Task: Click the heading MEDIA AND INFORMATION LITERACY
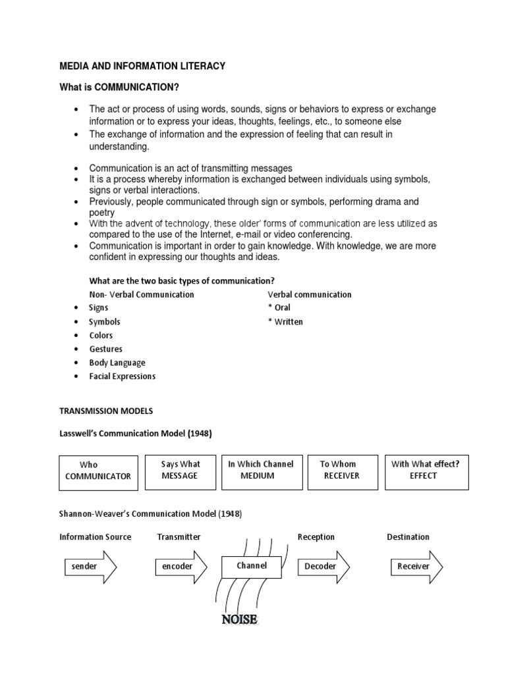coord(142,66)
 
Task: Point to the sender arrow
coord(90,567)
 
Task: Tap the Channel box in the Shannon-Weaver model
coord(251,566)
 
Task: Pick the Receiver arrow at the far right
coord(416,567)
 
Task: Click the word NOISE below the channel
coord(240,619)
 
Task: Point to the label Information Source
coord(96,537)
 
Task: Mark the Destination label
coord(408,537)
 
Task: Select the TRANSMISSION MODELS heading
coord(106,411)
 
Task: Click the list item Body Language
coord(117,363)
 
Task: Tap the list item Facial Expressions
coord(123,376)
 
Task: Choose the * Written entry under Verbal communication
coord(285,322)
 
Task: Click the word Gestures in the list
coord(106,349)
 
